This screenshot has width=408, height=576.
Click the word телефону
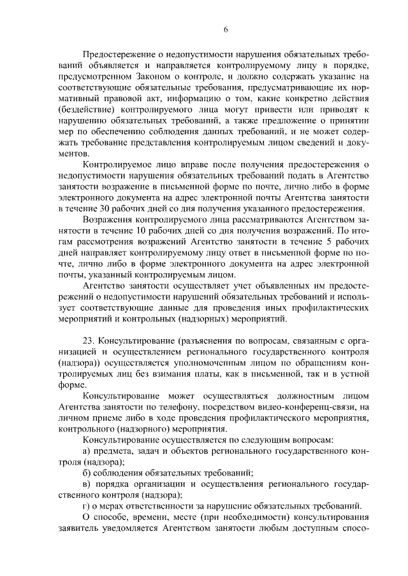point(189,407)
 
